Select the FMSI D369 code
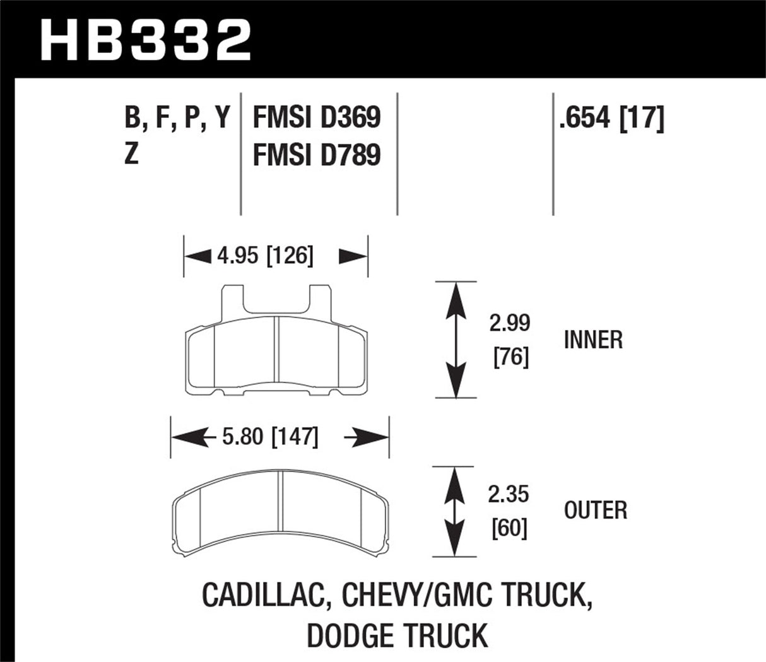(x=316, y=118)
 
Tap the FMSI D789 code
(x=316, y=154)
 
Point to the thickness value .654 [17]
(x=611, y=118)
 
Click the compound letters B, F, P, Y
(x=178, y=118)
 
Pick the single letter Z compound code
(x=131, y=154)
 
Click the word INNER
(x=593, y=340)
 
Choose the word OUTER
(x=596, y=510)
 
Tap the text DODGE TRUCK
(x=398, y=634)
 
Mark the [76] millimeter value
(x=510, y=358)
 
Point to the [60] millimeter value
(x=510, y=528)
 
